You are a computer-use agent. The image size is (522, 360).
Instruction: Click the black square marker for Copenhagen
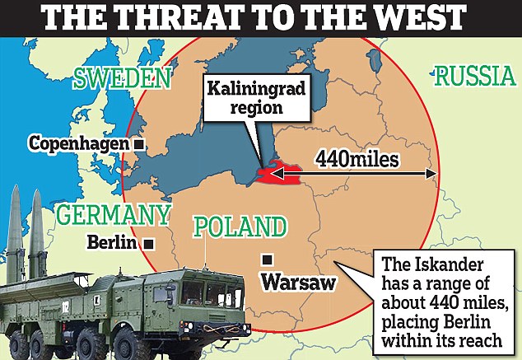point(140,144)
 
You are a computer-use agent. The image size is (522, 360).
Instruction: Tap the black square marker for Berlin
point(148,244)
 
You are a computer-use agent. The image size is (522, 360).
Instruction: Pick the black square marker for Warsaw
point(267,259)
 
